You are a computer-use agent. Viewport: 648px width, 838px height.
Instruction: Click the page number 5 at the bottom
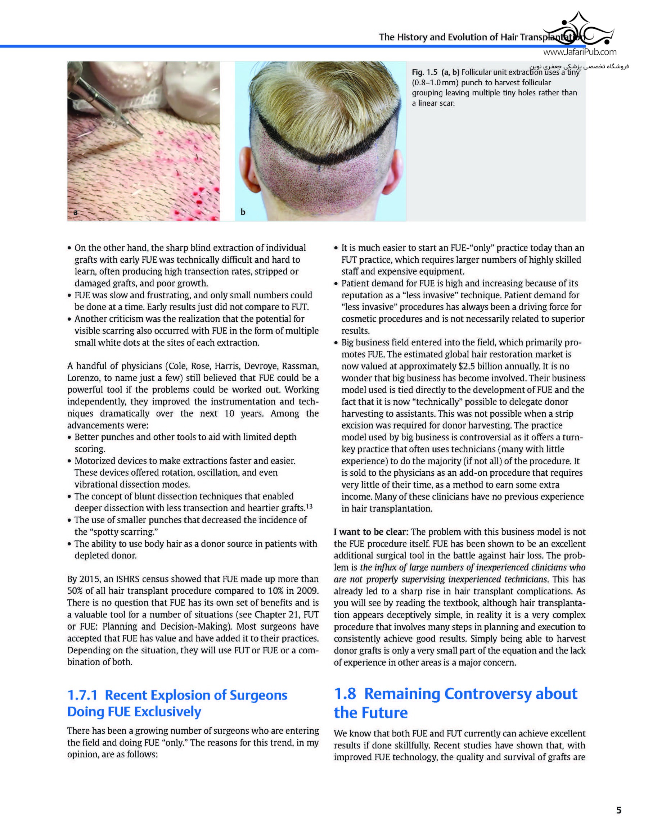618,810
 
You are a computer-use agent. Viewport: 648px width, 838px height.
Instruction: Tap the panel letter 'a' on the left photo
75,212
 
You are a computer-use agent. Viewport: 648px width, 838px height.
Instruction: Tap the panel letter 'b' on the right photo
243,212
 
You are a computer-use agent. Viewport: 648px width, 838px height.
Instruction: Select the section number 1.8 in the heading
345,693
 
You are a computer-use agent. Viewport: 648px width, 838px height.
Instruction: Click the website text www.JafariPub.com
580,52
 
